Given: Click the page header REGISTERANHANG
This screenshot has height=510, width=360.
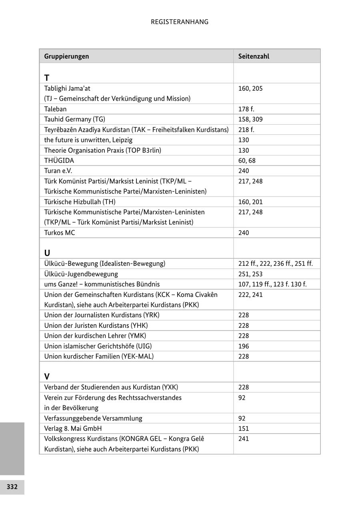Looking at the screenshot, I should coord(180,22).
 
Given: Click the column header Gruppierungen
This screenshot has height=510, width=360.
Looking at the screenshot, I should coord(66,56).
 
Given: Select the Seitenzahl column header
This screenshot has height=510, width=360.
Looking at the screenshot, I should coord(254,56).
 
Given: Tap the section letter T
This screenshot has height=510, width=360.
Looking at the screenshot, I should coord(47,78).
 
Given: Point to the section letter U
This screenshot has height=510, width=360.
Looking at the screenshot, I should coord(47,253).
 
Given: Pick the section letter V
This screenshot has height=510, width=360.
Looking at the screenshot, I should coord(47,377).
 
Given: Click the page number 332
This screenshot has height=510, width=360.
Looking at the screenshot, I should coord(12,487).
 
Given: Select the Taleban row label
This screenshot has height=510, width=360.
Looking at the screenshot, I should coord(55,109).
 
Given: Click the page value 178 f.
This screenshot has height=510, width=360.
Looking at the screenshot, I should coord(246,109).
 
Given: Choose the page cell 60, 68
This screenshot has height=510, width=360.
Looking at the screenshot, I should coord(247,161).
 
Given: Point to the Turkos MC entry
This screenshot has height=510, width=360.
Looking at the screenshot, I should coord(59,233).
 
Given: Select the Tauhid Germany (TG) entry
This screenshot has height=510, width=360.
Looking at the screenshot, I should coord(74,120).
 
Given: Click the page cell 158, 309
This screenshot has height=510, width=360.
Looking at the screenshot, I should coord(250,120).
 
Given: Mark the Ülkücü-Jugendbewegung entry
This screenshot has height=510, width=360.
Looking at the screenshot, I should coord(81,274).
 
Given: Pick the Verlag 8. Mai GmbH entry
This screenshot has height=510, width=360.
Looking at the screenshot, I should coord(73,428).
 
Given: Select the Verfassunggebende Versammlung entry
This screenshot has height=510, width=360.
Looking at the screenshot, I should coord(93,418).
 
